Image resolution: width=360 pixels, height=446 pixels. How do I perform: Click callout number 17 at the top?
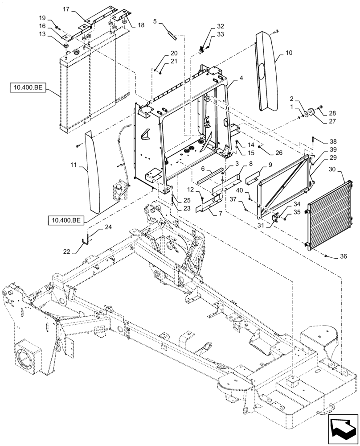pos(66,8)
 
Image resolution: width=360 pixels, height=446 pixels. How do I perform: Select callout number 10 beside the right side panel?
pos(289,53)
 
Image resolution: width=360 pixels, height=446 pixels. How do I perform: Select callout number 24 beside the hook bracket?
pos(108,227)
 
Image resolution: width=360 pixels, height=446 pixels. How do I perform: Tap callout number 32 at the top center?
pos(221,26)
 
